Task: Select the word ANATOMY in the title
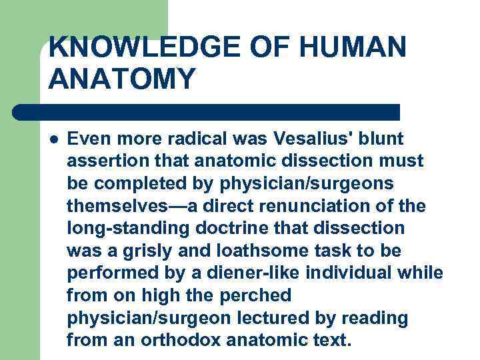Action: (x=122, y=79)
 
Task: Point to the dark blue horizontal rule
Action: (x=207, y=111)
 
